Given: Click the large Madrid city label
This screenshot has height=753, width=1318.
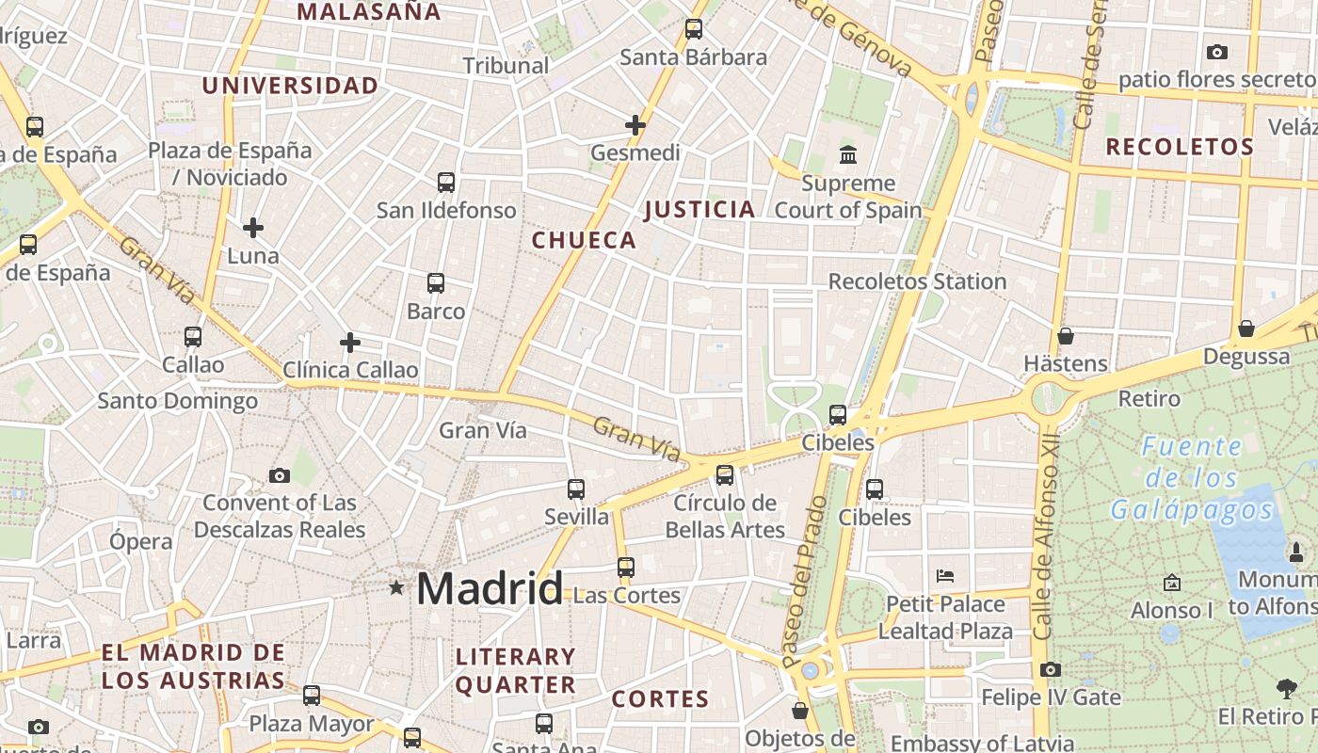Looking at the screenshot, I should click(x=490, y=588).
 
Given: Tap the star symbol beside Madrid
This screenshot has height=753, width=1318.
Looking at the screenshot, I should click(x=396, y=588).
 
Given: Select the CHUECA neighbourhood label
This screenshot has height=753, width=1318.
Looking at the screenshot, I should click(x=585, y=240).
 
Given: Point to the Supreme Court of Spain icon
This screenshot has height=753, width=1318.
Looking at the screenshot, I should click(x=848, y=154).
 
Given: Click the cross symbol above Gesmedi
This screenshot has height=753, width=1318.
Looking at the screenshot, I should click(x=635, y=124).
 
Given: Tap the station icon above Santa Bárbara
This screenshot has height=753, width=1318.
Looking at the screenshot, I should click(x=694, y=29).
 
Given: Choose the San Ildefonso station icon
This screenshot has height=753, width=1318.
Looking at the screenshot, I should click(x=446, y=183).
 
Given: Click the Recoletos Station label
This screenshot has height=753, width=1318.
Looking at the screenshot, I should click(x=917, y=281).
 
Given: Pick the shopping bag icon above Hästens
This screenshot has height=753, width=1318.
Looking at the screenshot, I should click(x=1066, y=336).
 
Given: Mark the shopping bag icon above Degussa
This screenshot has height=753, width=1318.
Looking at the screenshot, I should click(x=1246, y=328).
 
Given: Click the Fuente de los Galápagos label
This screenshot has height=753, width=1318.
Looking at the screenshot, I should click(x=1191, y=478).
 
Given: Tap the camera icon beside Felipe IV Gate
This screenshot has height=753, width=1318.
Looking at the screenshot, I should click(x=1051, y=670).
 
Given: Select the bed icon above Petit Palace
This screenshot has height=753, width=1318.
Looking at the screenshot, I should click(x=945, y=575).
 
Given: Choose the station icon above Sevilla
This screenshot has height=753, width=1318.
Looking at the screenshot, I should click(x=576, y=489).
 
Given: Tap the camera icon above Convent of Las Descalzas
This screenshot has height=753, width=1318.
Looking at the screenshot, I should click(x=280, y=475).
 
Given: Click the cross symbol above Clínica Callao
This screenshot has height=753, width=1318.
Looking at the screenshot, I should click(x=350, y=343).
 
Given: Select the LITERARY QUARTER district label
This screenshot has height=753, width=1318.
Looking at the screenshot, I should click(x=515, y=670).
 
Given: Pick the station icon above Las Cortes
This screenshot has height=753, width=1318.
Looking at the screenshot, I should click(x=626, y=568).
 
